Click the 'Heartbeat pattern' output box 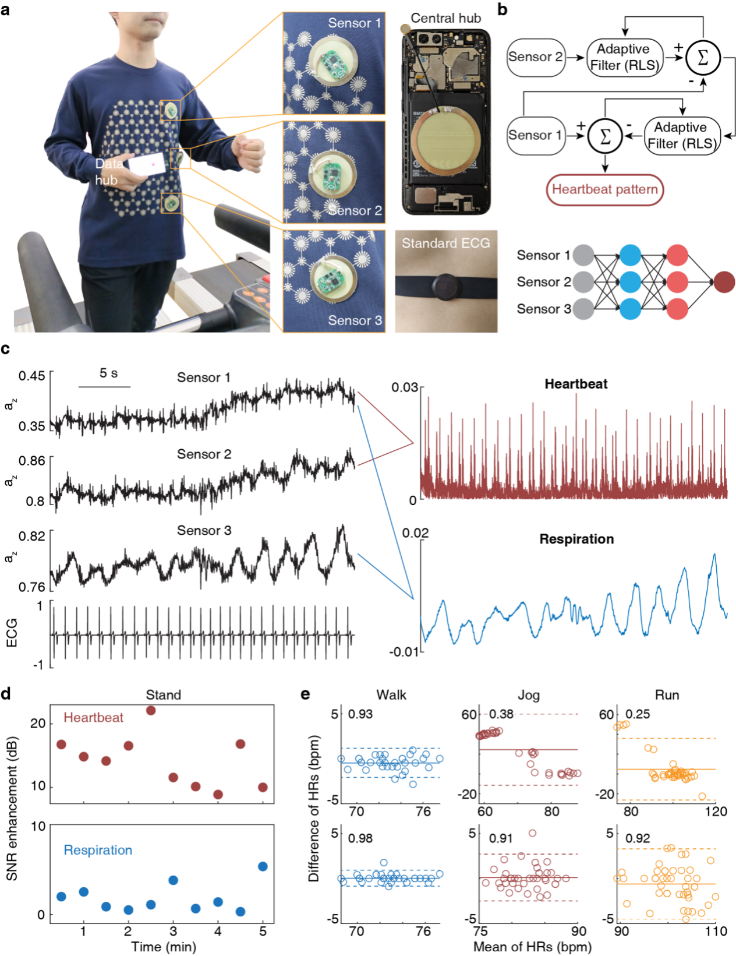(x=604, y=190)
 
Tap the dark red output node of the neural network (x=724, y=282)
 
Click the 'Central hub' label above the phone (x=445, y=18)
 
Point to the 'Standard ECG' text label (x=445, y=244)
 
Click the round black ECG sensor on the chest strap (x=445, y=286)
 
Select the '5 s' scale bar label (x=108, y=373)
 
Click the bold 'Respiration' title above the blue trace (x=576, y=539)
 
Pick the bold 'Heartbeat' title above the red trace (x=576, y=384)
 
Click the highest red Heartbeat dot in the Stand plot (x=151, y=710)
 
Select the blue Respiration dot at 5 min (x=263, y=866)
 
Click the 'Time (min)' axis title (x=163, y=947)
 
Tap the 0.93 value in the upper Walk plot (x=360, y=714)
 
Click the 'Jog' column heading (x=528, y=695)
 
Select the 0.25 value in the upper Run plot (x=638, y=714)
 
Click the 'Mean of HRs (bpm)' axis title (x=532, y=947)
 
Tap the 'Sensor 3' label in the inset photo (x=355, y=320)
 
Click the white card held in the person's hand (x=147, y=165)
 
